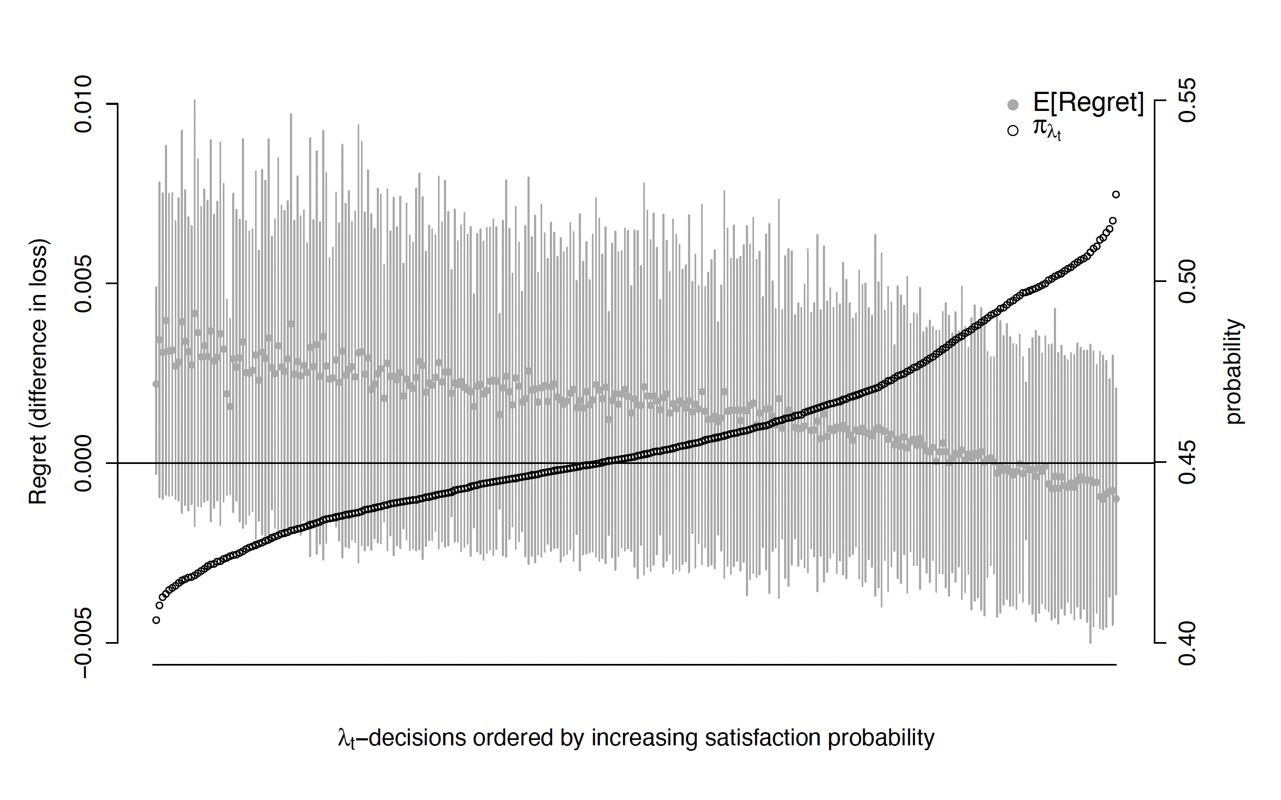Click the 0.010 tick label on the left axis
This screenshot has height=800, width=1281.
(x=84, y=104)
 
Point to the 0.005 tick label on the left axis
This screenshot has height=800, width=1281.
(x=84, y=284)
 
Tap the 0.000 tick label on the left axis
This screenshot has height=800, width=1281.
(x=84, y=463)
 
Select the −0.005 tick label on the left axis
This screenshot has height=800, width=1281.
(x=84, y=643)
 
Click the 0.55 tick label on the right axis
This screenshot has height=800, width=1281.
(x=1188, y=101)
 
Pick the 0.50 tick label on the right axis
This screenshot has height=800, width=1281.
(x=1188, y=281)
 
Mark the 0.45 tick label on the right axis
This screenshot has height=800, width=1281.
(x=1188, y=462)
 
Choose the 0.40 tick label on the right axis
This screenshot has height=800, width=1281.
(x=1188, y=643)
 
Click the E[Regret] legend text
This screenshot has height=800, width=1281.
(x=1088, y=102)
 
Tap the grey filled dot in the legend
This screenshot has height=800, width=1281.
(x=1013, y=104)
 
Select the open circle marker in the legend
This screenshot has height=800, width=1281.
(x=1013, y=131)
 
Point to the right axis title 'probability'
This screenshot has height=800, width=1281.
(x=1233, y=372)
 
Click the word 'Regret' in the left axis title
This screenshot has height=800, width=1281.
(x=38, y=470)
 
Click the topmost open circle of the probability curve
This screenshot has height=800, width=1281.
(x=1116, y=195)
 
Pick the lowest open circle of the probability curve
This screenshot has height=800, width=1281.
(x=156, y=620)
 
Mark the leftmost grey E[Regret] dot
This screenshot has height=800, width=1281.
(x=156, y=384)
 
